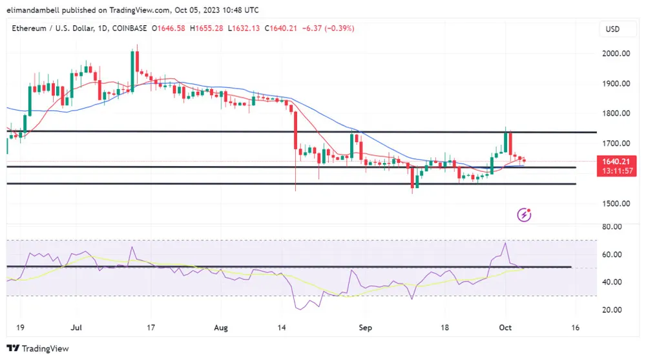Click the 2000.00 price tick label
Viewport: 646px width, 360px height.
[x=616, y=54]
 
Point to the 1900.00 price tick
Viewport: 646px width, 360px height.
[x=616, y=83]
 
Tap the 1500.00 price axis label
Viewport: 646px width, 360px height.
[x=616, y=204]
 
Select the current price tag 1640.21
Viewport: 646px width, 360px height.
[x=616, y=161]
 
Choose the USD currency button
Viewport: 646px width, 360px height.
[x=612, y=29]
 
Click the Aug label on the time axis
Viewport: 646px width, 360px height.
[x=222, y=328]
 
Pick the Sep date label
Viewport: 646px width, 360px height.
[x=366, y=328]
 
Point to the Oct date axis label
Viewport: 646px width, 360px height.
[x=506, y=328]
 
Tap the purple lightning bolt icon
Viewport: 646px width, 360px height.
[x=525, y=215]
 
